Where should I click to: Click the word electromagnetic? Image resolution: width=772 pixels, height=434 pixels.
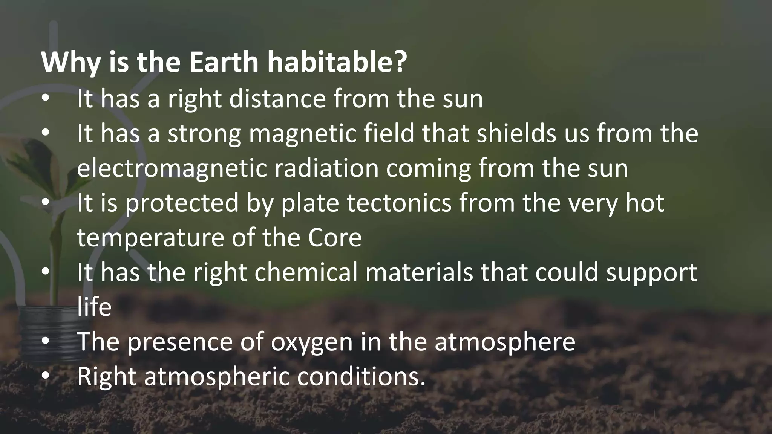[x=172, y=168]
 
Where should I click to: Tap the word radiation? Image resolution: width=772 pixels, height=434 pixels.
[x=326, y=168]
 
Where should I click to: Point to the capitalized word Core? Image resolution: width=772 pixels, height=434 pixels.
[x=334, y=238]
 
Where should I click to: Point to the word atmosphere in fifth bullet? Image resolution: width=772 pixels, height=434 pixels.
[x=505, y=342]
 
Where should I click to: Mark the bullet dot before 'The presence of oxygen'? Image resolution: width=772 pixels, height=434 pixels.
[x=46, y=342]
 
